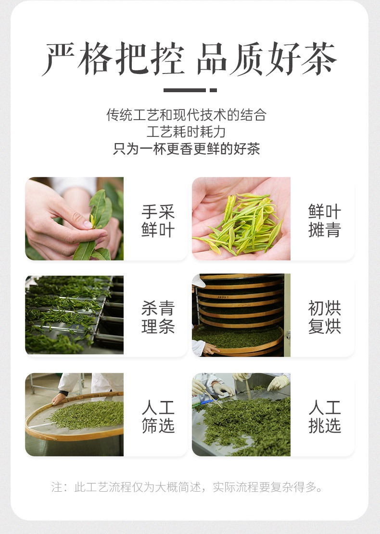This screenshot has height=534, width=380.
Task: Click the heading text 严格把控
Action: click(113, 59)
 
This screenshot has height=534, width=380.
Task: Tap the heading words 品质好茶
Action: click(266, 59)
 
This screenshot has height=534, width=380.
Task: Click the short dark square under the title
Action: click(213, 90)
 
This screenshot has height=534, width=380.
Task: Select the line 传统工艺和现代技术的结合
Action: click(186, 115)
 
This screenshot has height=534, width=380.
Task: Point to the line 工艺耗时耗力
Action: click(186, 132)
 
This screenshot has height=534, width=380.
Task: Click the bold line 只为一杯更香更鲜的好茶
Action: click(186, 148)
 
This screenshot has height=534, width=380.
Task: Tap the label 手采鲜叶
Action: click(158, 221)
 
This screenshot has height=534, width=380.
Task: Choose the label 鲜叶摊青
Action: click(324, 221)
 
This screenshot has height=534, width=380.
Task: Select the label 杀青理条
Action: click(158, 317)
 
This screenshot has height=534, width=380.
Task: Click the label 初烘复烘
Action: click(324, 317)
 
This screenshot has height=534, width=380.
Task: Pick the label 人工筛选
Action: click(158, 416)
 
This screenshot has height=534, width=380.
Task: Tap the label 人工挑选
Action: click(324, 416)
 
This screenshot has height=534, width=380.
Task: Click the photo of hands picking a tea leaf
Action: click(75, 218)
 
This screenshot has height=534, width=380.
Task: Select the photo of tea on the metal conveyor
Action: click(75, 315)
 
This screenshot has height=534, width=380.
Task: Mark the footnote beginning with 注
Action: click(187, 487)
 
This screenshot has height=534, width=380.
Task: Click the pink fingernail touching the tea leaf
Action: click(88, 224)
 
